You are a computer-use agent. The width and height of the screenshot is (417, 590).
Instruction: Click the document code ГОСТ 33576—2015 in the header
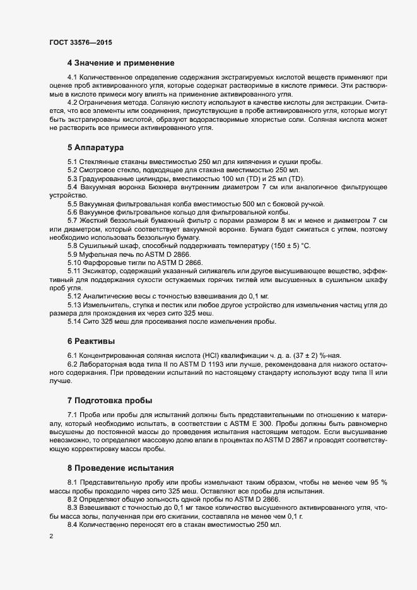pos(77,42)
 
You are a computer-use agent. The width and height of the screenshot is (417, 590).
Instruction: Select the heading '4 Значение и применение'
pos(120,63)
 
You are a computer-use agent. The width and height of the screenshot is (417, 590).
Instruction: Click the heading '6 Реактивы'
pos(91,340)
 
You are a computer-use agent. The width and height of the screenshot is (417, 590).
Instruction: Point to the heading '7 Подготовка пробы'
pos(110,400)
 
